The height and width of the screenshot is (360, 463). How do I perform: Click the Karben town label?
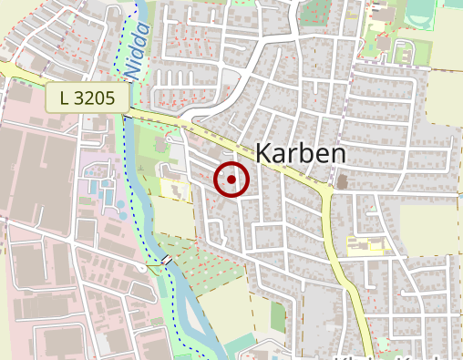301,154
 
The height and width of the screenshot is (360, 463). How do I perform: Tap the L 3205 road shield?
87,97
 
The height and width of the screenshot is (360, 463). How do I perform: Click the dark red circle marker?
231,180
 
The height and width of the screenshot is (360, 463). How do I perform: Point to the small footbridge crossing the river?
167,261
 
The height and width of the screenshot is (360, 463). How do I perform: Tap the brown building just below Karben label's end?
342,182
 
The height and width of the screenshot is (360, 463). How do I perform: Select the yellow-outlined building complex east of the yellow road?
365,244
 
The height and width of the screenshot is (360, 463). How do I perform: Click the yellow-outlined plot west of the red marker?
172,189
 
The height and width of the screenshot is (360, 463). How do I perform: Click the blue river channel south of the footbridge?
187,310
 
